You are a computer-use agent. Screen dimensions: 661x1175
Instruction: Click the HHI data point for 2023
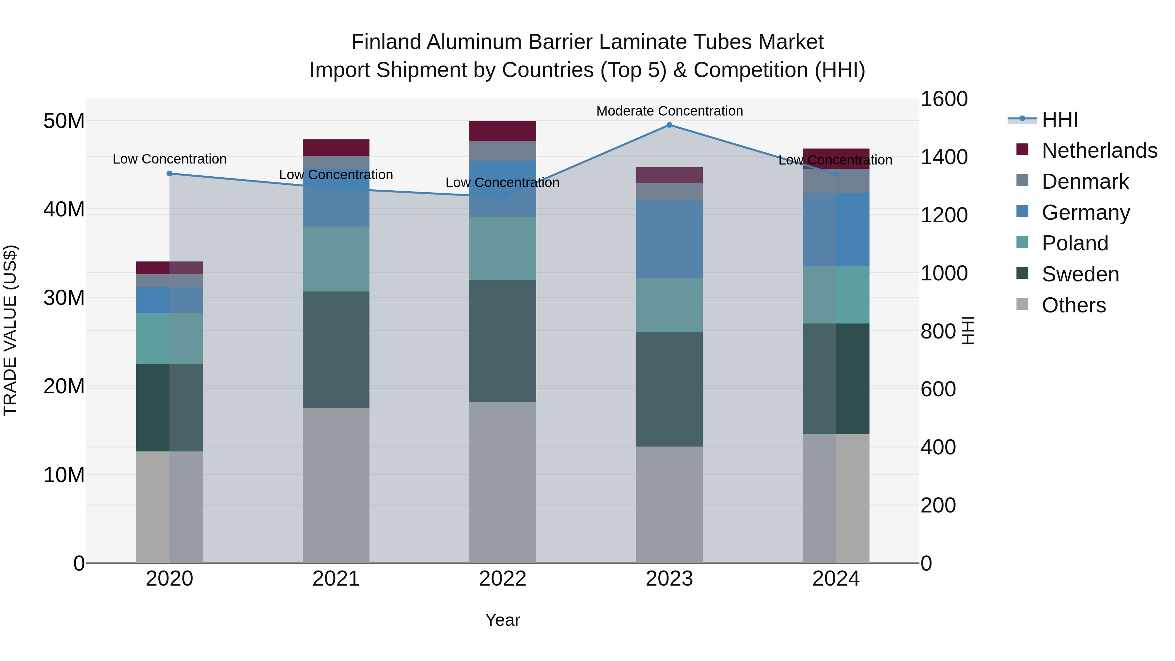click(x=669, y=125)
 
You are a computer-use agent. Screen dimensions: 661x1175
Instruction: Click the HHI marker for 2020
click(x=170, y=173)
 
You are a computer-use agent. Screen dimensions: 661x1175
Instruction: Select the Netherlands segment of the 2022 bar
click(x=503, y=131)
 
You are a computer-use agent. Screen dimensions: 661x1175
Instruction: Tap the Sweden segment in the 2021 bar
click(x=336, y=349)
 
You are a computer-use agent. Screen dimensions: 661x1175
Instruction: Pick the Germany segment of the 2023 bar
click(x=669, y=239)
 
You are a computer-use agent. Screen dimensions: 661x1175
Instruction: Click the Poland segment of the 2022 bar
click(x=503, y=249)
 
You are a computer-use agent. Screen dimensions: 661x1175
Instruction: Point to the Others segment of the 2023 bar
click(x=669, y=505)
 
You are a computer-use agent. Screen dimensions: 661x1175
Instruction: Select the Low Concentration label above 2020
click(x=170, y=159)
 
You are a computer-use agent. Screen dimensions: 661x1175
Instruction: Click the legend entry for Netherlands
click(x=1099, y=150)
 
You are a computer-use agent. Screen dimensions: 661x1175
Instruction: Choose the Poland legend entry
click(x=1075, y=243)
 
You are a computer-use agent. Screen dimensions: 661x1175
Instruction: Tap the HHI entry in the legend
click(x=1059, y=119)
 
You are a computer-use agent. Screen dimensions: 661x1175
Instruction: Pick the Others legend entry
click(x=1074, y=305)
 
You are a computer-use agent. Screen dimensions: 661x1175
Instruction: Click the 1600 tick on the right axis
click(x=944, y=99)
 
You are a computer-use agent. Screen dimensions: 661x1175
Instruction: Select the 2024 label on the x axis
click(x=836, y=579)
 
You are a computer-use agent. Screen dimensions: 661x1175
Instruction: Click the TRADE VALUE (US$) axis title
click(x=10, y=330)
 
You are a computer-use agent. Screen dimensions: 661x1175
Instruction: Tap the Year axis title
click(x=503, y=620)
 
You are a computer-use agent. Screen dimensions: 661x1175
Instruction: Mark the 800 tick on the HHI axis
click(x=938, y=331)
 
